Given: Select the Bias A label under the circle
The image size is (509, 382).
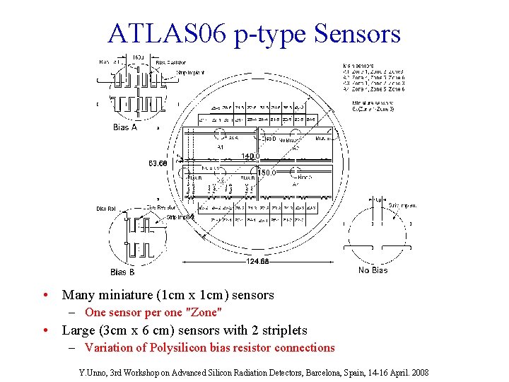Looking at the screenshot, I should [x=125, y=127].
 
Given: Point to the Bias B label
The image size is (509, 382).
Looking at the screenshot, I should [x=122, y=272].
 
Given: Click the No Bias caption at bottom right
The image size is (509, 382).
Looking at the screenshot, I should [x=373, y=270].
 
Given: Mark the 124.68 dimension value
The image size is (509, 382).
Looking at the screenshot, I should [x=258, y=262].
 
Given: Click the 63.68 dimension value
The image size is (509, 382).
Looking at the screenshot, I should [x=158, y=163].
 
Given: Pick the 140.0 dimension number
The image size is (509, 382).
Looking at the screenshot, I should [x=251, y=156].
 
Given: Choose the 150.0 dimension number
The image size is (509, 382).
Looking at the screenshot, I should [x=266, y=172].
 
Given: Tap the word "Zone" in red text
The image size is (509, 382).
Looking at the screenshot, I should [x=205, y=312].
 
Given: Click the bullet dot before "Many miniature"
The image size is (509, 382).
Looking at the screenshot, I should [x=45, y=295].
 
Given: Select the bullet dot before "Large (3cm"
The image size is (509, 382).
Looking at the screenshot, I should [x=45, y=330].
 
